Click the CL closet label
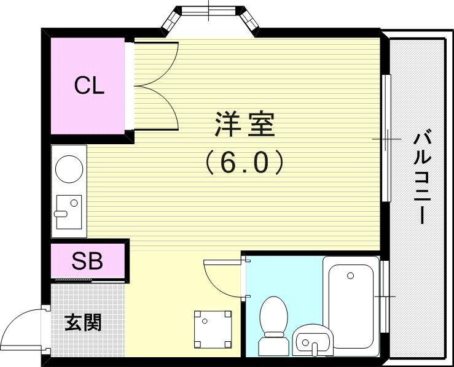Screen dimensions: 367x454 (89, 86)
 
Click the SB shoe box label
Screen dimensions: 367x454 (87, 262)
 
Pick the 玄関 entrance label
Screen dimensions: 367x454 (83, 322)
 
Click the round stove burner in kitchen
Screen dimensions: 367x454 (68, 168)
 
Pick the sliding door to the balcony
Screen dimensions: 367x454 (386, 137)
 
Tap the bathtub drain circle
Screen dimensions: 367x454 (350, 276)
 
